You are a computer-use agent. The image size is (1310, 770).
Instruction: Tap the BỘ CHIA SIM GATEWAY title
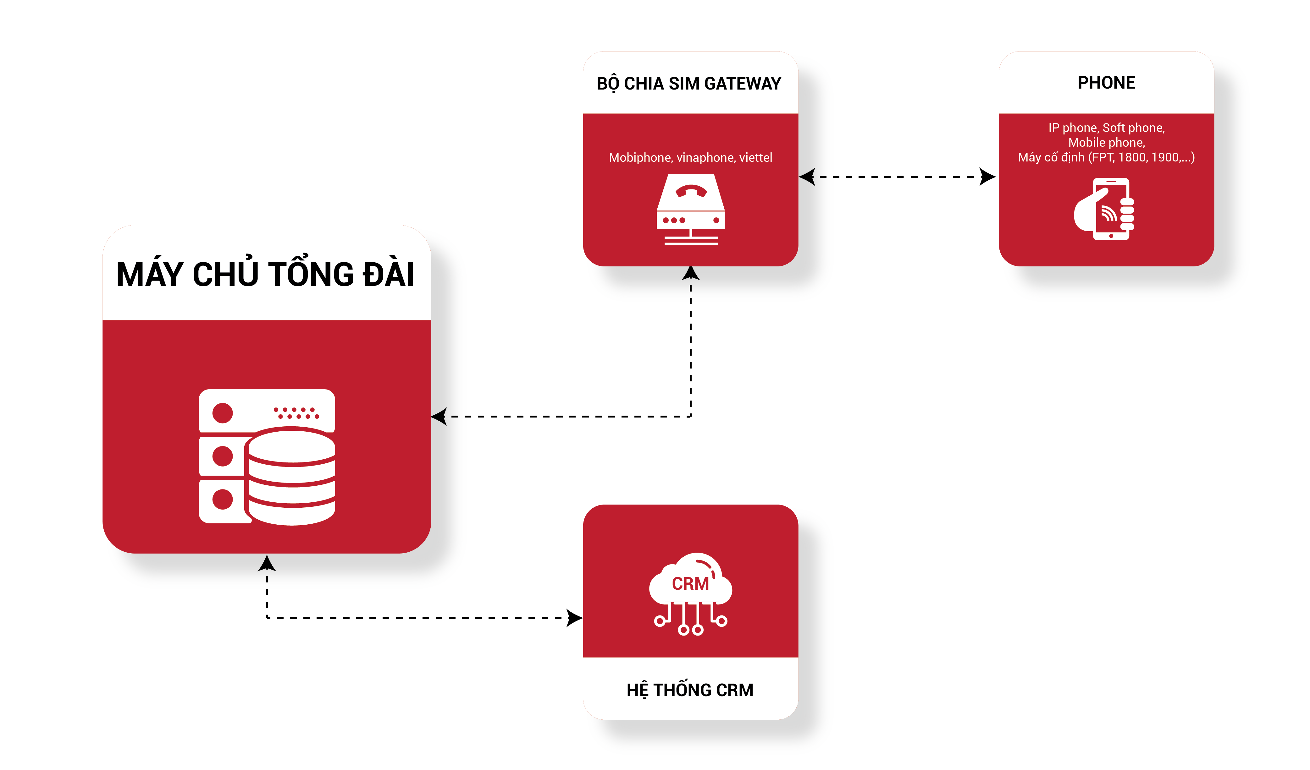(689, 84)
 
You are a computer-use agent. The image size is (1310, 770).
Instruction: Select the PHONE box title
(1106, 83)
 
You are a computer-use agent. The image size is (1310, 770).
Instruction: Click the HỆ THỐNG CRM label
(690, 690)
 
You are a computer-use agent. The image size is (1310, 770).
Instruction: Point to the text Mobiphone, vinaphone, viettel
(690, 157)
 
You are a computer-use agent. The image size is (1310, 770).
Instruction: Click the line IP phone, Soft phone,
(1106, 128)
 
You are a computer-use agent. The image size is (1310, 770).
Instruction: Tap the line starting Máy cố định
(1106, 157)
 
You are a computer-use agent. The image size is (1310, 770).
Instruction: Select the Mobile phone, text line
(1106, 142)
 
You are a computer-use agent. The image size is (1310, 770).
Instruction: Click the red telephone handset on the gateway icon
(691, 191)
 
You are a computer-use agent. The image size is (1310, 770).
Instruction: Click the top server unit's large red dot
(223, 413)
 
